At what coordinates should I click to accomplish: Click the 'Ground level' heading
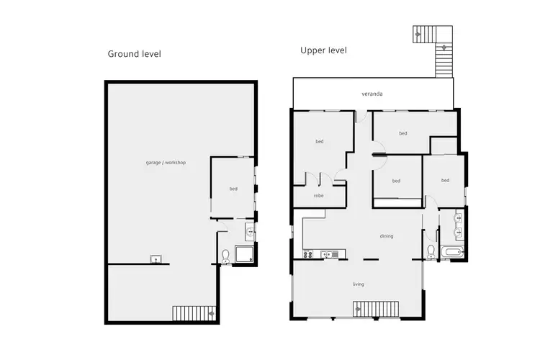(134, 54)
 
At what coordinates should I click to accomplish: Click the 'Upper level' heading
(323, 50)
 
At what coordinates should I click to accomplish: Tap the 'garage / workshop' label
(166, 163)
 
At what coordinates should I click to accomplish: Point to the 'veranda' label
(372, 94)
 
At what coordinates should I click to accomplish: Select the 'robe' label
(318, 195)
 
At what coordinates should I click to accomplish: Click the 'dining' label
(387, 235)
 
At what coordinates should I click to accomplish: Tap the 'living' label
(358, 284)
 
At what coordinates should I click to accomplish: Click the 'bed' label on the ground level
(233, 189)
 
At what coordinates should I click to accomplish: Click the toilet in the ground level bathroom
(225, 256)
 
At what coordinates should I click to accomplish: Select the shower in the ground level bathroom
(246, 253)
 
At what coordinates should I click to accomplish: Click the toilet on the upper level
(431, 251)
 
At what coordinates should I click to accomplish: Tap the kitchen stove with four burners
(308, 253)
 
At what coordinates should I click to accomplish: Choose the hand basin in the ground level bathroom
(249, 231)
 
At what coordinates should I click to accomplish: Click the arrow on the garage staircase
(210, 313)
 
